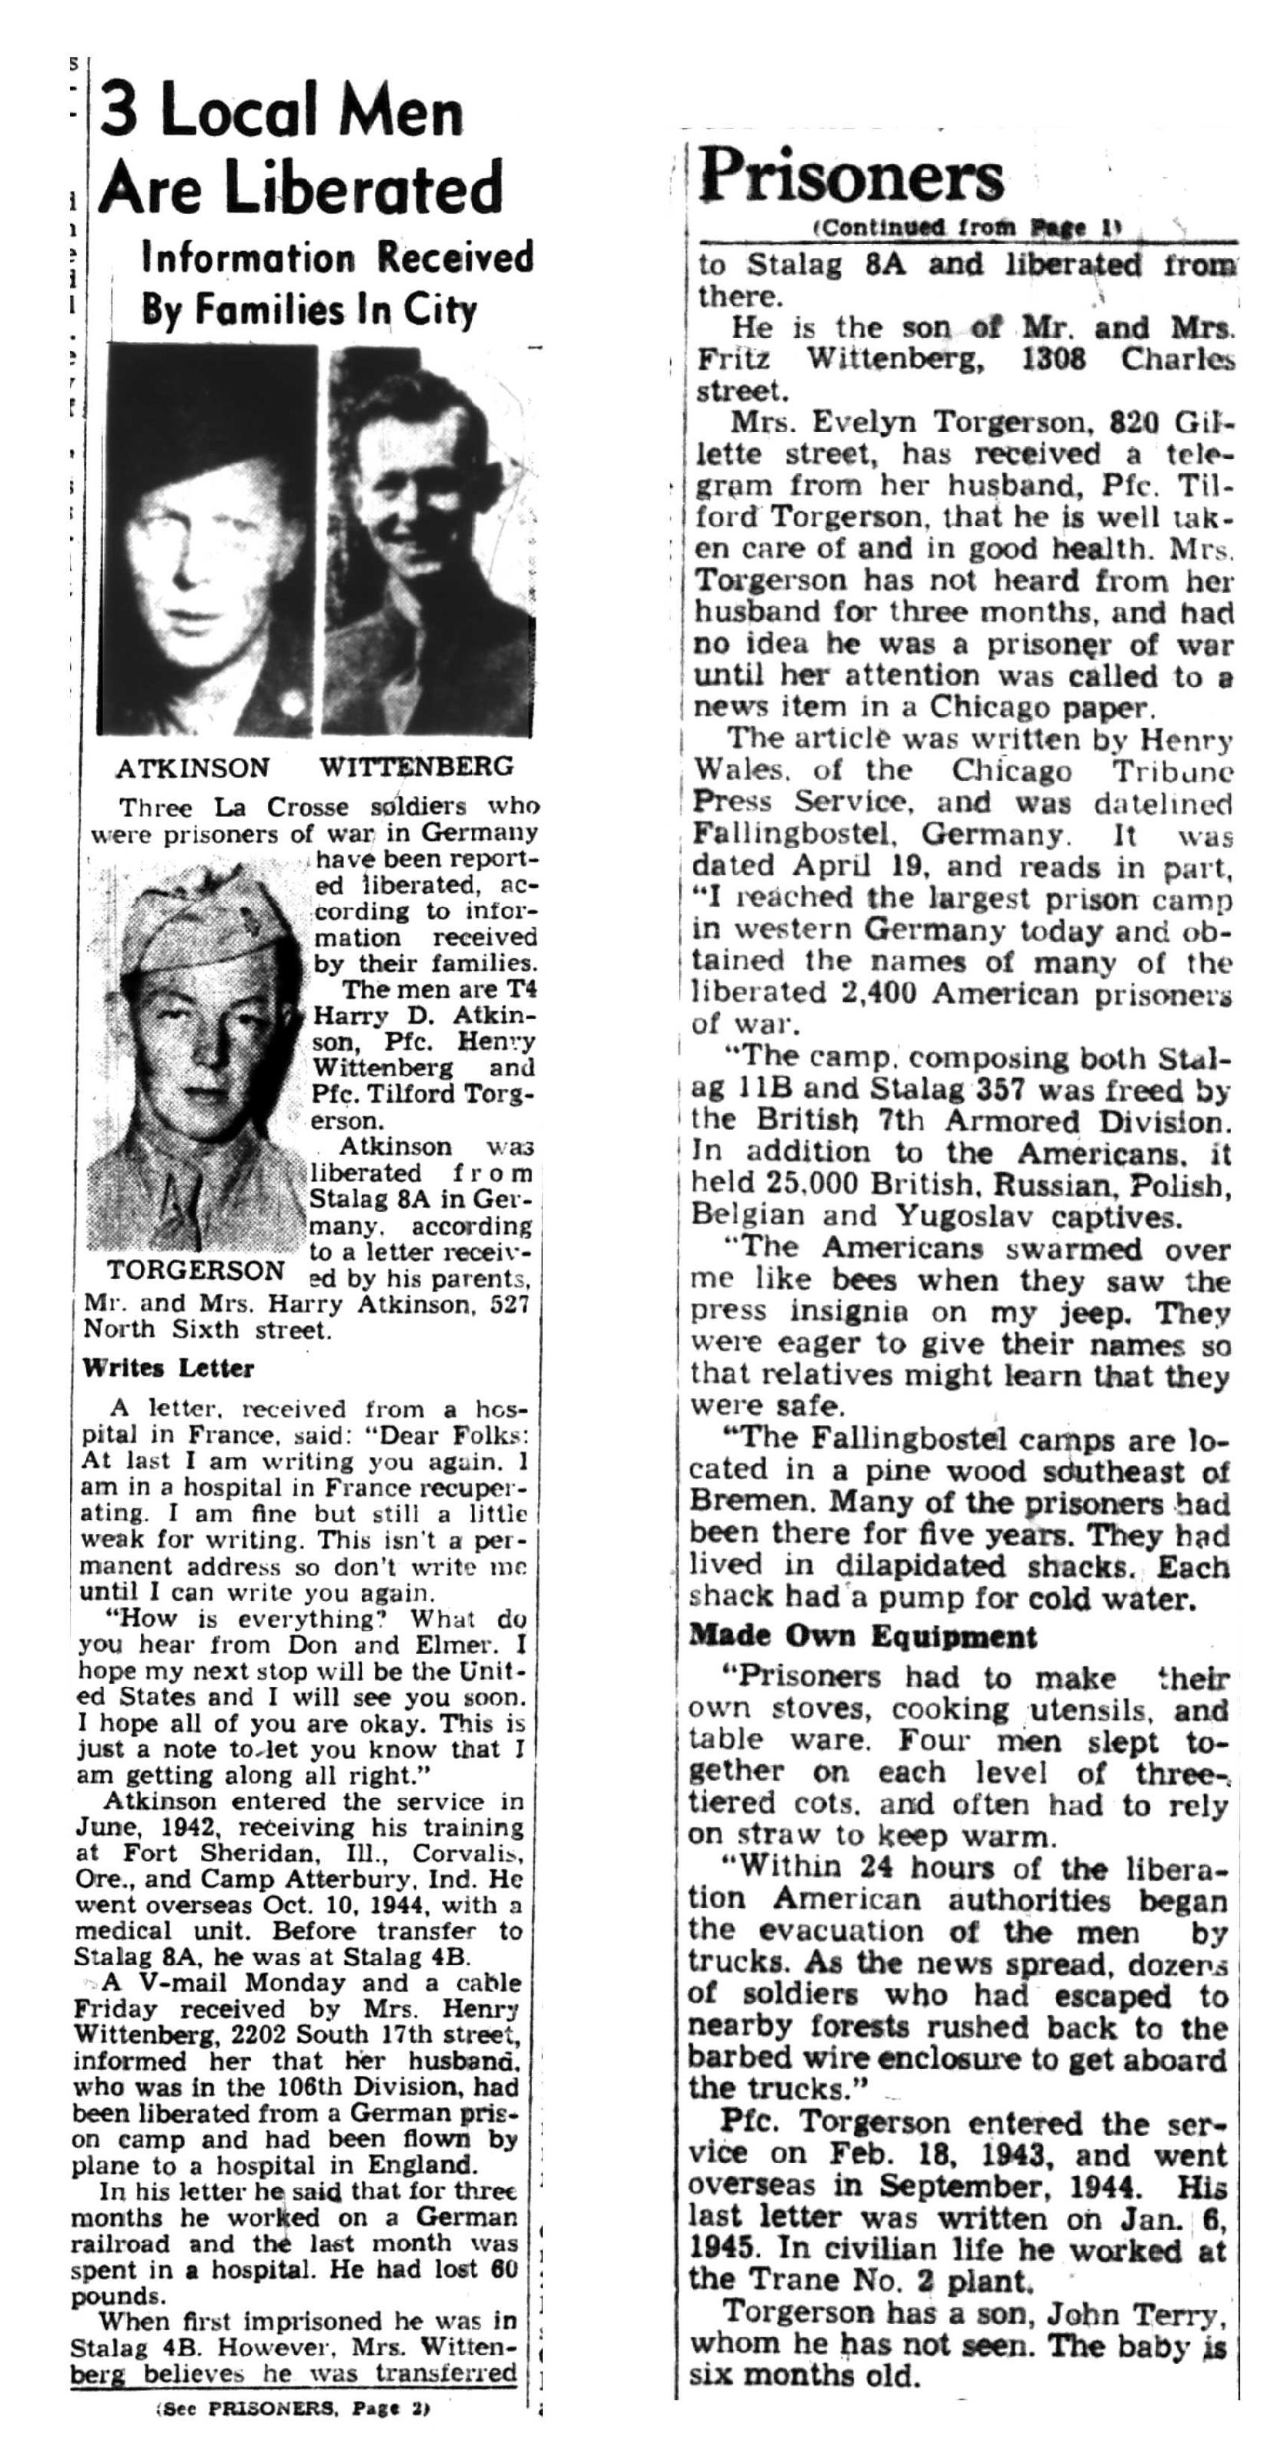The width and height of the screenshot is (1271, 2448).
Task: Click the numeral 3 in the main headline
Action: coord(121,112)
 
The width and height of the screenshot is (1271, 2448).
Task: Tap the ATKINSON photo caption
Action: coord(192,768)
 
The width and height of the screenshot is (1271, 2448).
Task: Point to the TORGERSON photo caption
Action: coord(196,1271)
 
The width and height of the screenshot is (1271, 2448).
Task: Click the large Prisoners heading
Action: coord(851,177)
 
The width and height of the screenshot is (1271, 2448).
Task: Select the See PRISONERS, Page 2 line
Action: coord(293,2409)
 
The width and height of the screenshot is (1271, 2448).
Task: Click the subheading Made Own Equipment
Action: coord(862,1636)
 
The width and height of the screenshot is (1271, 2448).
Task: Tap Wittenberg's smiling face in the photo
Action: coord(418,494)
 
